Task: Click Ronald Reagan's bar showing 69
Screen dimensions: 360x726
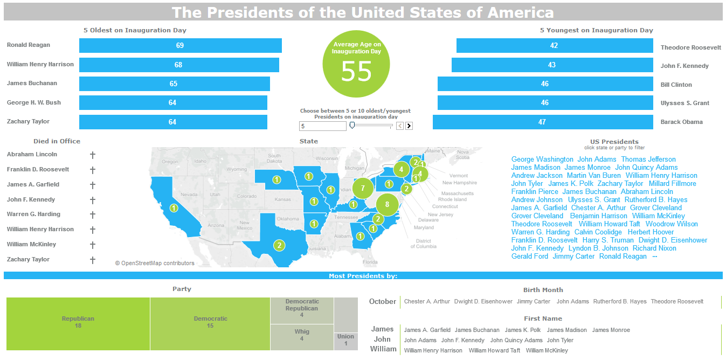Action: tap(180, 46)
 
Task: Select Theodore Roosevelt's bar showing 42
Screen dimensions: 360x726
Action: tap(554, 46)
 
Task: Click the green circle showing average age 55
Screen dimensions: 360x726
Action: tap(356, 64)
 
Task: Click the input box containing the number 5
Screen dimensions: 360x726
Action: tap(322, 126)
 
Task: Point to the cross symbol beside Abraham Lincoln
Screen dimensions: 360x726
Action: tap(93, 155)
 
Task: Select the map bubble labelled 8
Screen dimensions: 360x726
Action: tap(387, 204)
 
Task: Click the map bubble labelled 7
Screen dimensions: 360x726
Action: tap(363, 188)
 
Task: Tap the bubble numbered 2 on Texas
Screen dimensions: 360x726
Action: tap(279, 246)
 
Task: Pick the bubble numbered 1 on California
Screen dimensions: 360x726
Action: tap(174, 208)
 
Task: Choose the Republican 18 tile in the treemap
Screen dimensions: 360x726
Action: tap(78, 322)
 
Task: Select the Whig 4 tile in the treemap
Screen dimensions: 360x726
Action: tap(302, 335)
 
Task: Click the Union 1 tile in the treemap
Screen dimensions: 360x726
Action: tap(345, 340)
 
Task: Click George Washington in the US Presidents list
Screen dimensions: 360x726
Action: tap(542, 160)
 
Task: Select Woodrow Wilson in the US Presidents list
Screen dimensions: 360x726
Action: tap(672, 224)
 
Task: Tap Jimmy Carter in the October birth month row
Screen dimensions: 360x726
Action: tap(534, 302)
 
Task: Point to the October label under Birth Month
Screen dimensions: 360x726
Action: tap(383, 302)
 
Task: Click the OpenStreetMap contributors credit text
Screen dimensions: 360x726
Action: tap(155, 264)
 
